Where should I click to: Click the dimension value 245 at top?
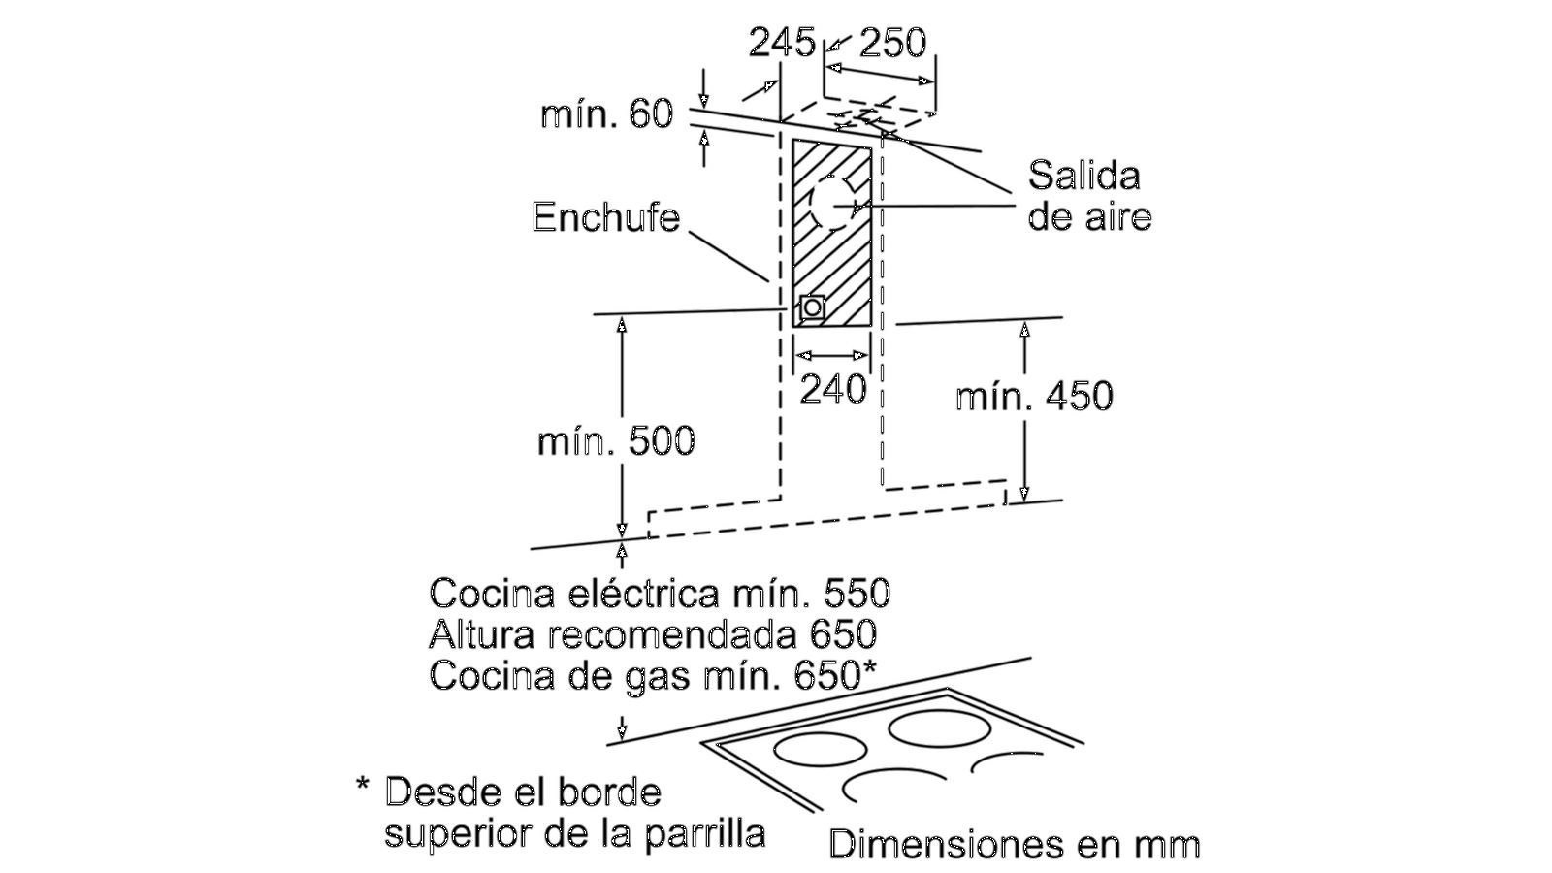click(x=781, y=42)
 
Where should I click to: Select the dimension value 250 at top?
click(x=892, y=42)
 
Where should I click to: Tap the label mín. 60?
click(x=606, y=113)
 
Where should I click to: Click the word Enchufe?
click(x=605, y=216)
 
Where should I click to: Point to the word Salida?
click(x=1083, y=176)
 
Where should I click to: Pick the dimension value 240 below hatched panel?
click(x=832, y=389)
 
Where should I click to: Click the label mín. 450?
click(x=1034, y=396)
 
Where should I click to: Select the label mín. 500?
click(x=616, y=441)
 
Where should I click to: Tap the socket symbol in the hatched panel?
click(x=812, y=307)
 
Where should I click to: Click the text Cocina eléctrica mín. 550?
click(x=660, y=593)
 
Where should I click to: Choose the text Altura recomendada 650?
click(x=652, y=634)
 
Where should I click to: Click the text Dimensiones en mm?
click(x=1014, y=844)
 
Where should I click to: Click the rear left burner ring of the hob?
click(x=820, y=750)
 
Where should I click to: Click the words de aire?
click(x=1089, y=216)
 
